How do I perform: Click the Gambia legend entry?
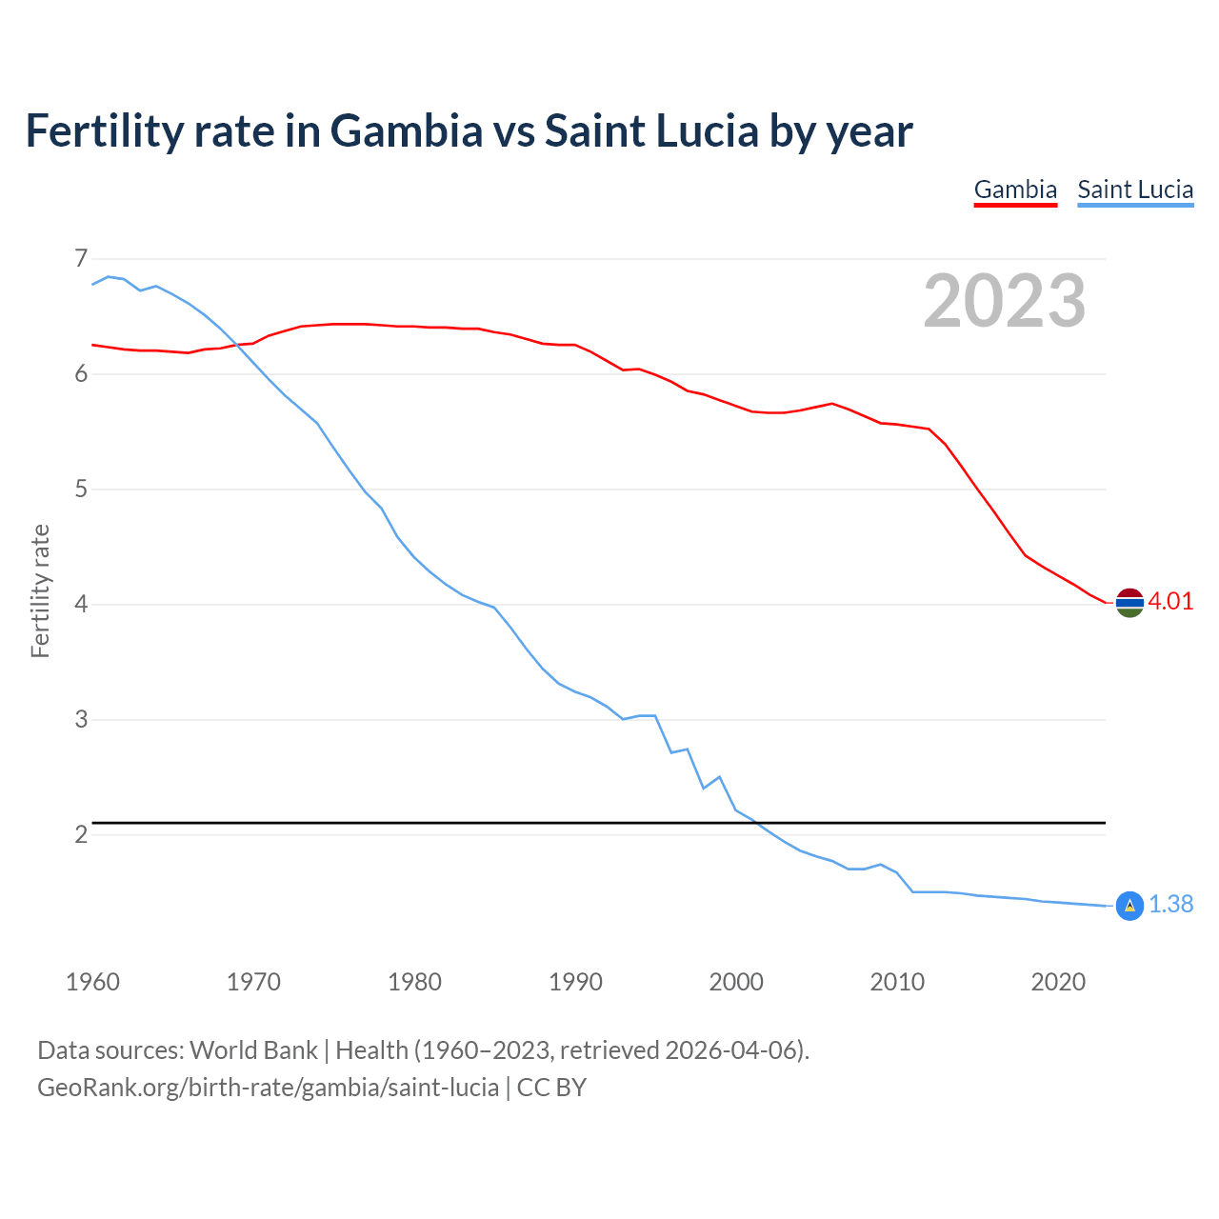tap(1015, 190)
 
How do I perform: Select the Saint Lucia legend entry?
tap(1135, 190)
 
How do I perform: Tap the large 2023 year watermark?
tap(1005, 301)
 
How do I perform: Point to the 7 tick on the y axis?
tap(80, 258)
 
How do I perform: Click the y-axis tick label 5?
tap(80, 490)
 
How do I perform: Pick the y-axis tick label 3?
tap(80, 720)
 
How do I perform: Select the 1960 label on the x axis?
tap(92, 982)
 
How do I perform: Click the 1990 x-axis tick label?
tap(575, 982)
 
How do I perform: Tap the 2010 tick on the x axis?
tap(897, 982)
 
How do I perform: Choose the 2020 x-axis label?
tap(1058, 982)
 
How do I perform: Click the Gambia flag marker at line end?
tap(1129, 602)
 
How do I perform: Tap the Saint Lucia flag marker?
tap(1129, 906)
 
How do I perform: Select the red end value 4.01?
tap(1170, 601)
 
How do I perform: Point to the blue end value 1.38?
tap(1170, 905)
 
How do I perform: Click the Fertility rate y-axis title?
tap(40, 590)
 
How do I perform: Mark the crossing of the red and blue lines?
tap(238, 345)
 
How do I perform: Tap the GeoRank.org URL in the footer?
tap(268, 1088)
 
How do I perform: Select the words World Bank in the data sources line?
tap(253, 1050)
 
